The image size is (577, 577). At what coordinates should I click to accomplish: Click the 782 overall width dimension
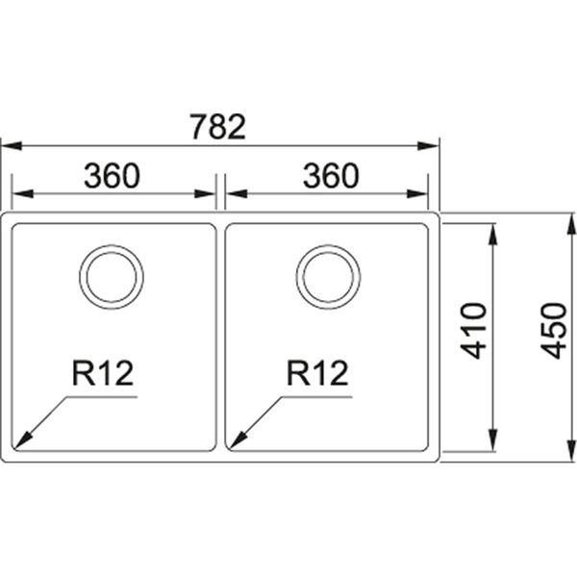tap(218, 127)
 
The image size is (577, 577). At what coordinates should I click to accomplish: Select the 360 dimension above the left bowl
tap(112, 176)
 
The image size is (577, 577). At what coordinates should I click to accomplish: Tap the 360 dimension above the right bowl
tap(330, 176)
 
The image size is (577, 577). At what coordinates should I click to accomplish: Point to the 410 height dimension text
tap(474, 330)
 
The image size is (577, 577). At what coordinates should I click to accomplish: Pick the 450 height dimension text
tap(554, 330)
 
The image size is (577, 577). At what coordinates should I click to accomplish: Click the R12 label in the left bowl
tap(101, 372)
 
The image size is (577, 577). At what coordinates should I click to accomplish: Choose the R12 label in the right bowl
tap(316, 372)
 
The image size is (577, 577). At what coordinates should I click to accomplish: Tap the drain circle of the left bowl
tap(112, 276)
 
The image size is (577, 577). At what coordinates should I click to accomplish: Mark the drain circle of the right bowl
tap(329, 276)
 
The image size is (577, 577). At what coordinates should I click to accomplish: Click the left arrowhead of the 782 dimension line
tap(8, 147)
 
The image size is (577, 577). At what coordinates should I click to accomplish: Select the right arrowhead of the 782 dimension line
tap(432, 147)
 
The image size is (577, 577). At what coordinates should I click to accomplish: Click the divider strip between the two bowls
tap(221, 337)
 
